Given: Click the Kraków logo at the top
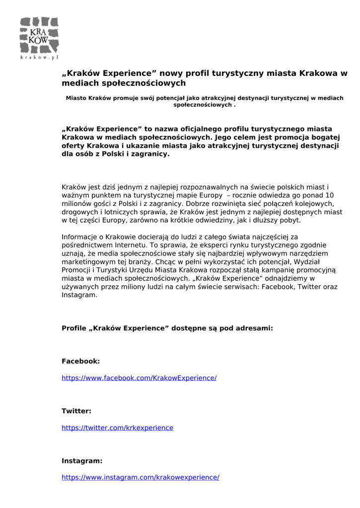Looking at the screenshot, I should click(x=39, y=36).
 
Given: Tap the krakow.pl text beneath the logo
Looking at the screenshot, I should click(x=39, y=58).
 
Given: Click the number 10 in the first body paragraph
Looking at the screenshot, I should click(x=329, y=195).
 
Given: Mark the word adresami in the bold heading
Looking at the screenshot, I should click(x=253, y=328).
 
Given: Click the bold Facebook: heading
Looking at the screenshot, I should click(x=80, y=362).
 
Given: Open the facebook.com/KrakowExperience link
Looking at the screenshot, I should click(x=139, y=378).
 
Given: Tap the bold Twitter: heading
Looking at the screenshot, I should click(x=76, y=411).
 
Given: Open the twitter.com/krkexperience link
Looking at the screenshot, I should click(x=117, y=428).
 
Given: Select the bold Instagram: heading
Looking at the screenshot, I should click(x=82, y=461).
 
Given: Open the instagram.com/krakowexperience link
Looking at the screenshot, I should click(x=140, y=477).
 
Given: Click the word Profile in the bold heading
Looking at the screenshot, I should click(x=74, y=328).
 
